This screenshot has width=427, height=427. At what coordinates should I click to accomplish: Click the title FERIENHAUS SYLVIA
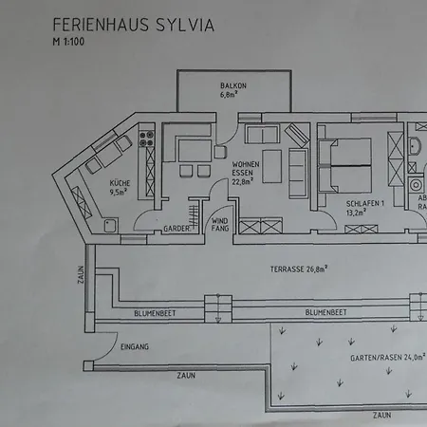point(134,25)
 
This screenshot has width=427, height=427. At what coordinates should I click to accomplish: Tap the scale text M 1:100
point(68,42)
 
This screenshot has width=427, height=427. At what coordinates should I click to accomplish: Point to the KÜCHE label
point(120,183)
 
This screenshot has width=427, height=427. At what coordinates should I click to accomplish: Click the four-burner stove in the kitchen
point(146,139)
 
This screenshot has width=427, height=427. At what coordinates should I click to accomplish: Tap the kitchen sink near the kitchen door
point(111,226)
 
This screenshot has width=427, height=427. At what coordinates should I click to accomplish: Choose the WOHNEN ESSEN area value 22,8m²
point(243,181)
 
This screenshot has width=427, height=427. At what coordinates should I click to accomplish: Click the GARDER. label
point(177,229)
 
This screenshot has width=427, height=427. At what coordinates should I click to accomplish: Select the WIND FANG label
point(220,224)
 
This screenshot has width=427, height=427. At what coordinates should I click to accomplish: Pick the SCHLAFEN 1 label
point(365,203)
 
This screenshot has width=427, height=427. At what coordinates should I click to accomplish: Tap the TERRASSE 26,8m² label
point(299,269)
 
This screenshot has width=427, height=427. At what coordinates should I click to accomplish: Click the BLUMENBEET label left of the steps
point(155,313)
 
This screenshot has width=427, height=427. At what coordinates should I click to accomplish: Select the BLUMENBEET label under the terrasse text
point(326,312)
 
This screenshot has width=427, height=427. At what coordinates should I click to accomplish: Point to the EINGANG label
point(135,346)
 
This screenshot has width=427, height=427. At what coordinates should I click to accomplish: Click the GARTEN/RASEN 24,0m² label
point(388,358)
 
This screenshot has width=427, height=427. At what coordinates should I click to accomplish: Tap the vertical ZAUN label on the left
point(82,274)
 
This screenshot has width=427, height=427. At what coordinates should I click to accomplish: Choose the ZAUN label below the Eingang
point(186,376)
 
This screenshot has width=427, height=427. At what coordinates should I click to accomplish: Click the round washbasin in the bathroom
point(415,146)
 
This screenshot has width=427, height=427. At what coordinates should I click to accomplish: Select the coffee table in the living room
point(271,166)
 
